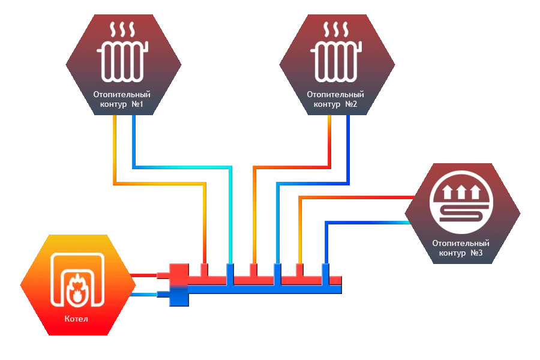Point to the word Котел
(76, 319)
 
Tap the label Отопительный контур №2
(335, 100)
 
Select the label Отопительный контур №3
(461, 248)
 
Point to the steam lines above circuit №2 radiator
(336, 30)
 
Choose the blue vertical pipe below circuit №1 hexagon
(133, 141)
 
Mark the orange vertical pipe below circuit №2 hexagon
(329, 141)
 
